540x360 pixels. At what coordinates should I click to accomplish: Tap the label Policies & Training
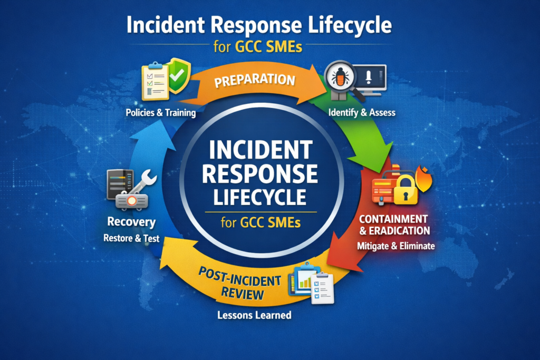[160, 112]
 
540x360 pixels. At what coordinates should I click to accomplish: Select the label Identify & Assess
[361, 112]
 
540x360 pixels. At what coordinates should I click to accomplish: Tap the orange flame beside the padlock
[423, 178]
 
